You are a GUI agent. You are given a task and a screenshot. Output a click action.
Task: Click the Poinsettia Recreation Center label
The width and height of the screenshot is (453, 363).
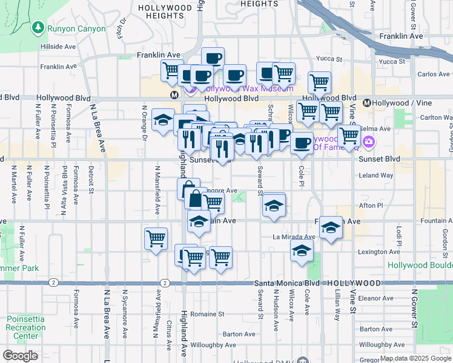26,327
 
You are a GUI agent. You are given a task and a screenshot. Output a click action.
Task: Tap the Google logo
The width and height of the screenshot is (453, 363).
19,356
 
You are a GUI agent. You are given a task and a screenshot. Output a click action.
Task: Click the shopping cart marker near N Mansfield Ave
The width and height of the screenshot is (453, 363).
156,238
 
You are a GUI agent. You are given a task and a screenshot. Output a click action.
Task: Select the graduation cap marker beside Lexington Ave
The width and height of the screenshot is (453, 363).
302,251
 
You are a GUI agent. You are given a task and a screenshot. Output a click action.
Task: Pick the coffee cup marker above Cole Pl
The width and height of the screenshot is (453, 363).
301,143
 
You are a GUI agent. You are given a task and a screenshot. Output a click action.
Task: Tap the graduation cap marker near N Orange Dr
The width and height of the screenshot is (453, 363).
162,120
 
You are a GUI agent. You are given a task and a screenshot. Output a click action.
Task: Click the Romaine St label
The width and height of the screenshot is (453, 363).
207,314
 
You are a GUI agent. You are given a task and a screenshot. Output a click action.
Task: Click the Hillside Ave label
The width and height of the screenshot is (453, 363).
58,47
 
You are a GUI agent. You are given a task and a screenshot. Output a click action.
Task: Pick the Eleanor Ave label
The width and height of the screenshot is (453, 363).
375,298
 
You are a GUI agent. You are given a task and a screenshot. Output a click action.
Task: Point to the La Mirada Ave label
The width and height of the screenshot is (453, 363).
294,237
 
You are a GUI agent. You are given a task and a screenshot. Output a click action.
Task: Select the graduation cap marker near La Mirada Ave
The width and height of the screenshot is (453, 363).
331,227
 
